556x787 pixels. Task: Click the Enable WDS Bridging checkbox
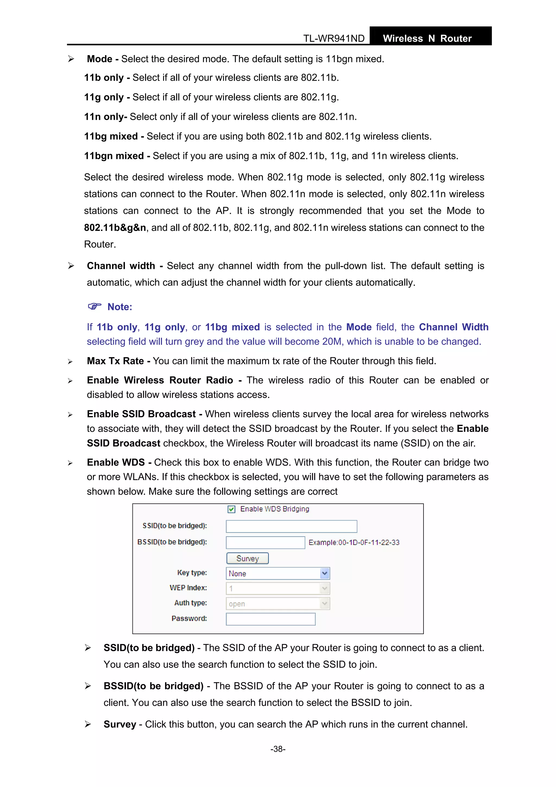[231, 509]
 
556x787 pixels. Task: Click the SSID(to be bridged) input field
[291, 526]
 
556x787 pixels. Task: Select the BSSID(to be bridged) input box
[265, 542]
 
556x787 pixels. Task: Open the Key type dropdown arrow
[324, 573]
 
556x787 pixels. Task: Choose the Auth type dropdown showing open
[277, 604]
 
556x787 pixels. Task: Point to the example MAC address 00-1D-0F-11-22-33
[369, 543]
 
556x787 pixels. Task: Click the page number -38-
[278, 749]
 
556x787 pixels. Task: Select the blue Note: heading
[119, 307]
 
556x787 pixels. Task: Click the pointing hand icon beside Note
[94, 306]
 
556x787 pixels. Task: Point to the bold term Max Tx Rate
[115, 361]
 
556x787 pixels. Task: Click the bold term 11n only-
[106, 117]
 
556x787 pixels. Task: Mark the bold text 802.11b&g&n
[115, 228]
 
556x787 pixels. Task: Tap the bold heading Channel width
[121, 266]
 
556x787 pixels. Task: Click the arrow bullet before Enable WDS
[70, 463]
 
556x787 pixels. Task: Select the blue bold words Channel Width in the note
[454, 327]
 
